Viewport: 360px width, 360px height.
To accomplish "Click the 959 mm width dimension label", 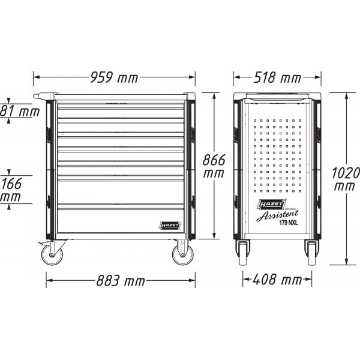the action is [114, 77].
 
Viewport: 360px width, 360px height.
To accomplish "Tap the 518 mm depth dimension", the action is [277, 77].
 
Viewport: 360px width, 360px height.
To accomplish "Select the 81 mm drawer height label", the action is [20, 111].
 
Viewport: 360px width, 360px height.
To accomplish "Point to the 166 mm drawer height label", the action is [11, 190].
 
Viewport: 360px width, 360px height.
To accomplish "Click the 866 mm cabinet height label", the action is [214, 166].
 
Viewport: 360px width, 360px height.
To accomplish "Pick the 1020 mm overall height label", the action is [346, 179].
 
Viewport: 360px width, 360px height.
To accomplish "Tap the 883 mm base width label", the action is [121, 281].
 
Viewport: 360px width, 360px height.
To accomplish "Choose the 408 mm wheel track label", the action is [277, 280].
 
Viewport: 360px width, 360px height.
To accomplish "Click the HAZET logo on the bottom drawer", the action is [170, 226].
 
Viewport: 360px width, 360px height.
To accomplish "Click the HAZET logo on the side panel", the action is [271, 204].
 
